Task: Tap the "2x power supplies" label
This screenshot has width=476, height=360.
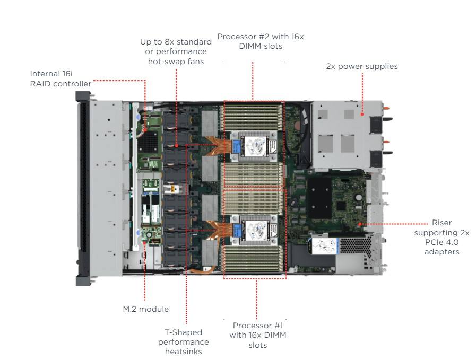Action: [x=362, y=66]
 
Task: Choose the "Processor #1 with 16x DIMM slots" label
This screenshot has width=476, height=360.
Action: [x=257, y=335]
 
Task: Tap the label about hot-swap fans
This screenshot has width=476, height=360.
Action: [x=175, y=51]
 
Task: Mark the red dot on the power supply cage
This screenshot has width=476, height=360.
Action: [x=362, y=113]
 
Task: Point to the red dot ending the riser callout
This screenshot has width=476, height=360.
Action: [x=360, y=224]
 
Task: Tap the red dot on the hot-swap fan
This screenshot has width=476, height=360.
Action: [x=176, y=144]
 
